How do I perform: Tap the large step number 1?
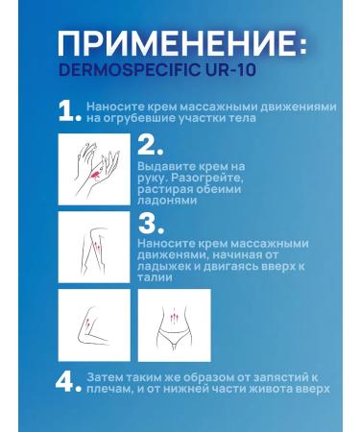pyautogui.click(x=69, y=113)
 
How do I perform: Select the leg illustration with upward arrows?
pyautogui.click(x=89, y=246)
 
